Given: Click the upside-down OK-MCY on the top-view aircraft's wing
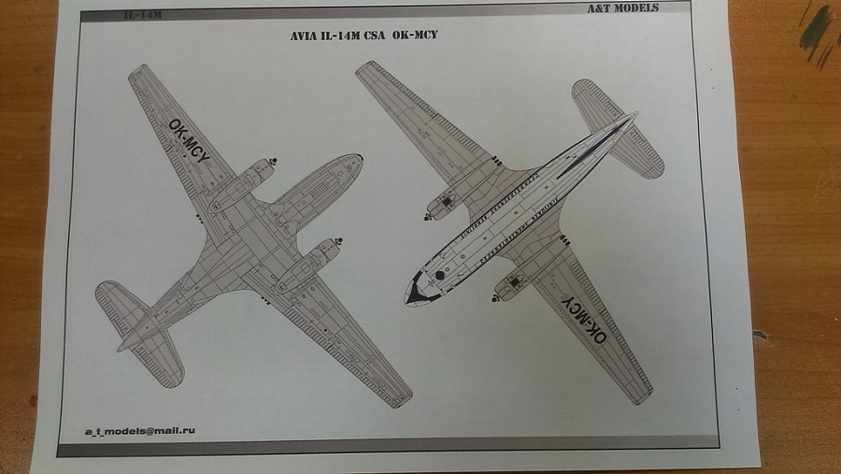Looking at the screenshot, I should click(x=584, y=315).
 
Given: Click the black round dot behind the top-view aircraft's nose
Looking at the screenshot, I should click(x=440, y=276).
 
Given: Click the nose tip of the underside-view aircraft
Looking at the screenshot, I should click(x=360, y=159).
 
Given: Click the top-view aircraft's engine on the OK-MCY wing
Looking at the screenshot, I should click(x=510, y=286).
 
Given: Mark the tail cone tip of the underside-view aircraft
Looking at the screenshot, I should click(x=121, y=348).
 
